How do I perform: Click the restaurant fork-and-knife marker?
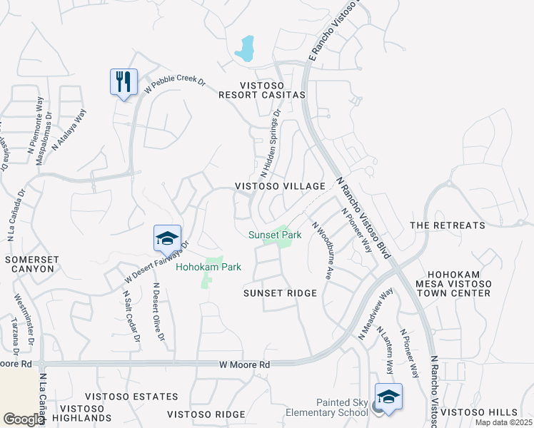click(124, 82)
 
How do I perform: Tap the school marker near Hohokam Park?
click(167, 238)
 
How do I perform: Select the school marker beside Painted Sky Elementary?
click(388, 397)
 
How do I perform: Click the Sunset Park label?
click(275, 235)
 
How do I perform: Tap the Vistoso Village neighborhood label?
click(281, 186)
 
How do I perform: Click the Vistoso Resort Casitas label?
click(262, 89)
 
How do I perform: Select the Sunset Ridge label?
click(280, 293)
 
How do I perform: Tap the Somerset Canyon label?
click(29, 264)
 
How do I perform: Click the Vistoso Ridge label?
click(206, 414)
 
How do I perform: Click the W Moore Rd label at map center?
click(244, 365)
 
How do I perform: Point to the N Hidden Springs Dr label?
click(271, 143)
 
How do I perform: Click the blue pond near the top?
click(246, 49)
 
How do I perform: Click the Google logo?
click(24, 419)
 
